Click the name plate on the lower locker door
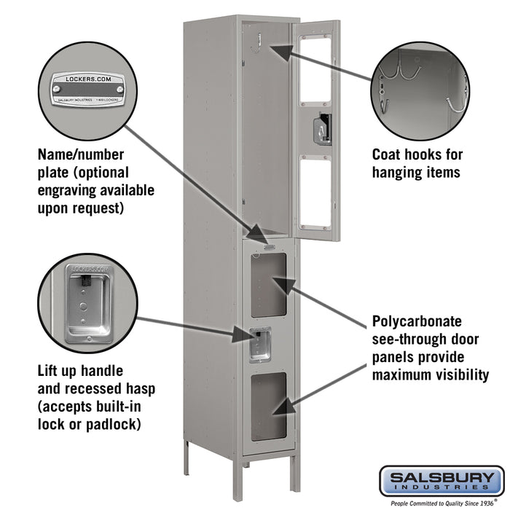pyautogui.click(x=267, y=248)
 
